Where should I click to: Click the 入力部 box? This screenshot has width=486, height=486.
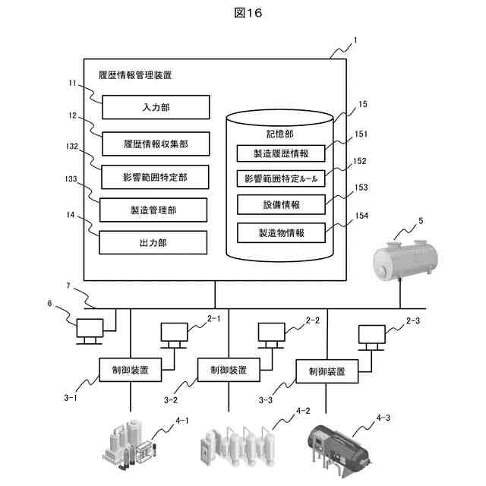tap(155, 107)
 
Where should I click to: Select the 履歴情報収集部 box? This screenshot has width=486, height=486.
tap(155, 142)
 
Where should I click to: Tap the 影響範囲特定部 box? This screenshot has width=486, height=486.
tap(155, 177)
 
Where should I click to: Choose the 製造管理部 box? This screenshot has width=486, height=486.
tap(155, 209)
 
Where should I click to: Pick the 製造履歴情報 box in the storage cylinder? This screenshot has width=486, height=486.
tap(281, 153)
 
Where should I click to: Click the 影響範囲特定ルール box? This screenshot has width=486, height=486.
tap(281, 178)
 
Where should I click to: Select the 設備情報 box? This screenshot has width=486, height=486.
tap(281, 205)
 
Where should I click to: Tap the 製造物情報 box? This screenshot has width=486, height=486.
tap(281, 232)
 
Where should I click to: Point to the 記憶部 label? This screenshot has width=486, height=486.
tap(280, 133)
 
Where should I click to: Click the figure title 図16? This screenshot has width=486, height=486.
tap(243, 13)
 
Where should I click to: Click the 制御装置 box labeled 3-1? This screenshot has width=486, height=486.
tap(130, 370)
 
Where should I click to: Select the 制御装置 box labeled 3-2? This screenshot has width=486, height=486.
tap(222, 370)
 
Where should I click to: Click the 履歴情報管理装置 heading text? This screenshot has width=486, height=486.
tap(135, 75)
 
